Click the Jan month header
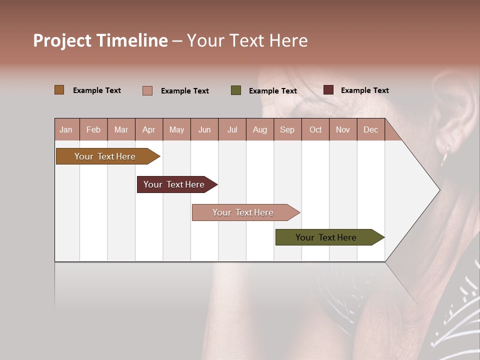pyautogui.click(x=66, y=130)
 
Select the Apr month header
pyautogui.click(x=148, y=130)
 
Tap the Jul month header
pyautogui.click(x=232, y=130)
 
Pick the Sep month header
pyautogui.click(x=287, y=130)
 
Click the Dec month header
pyautogui.click(x=370, y=130)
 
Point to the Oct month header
pyautogui.click(x=315, y=130)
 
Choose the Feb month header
pyautogui.click(x=93, y=130)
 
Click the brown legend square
pyautogui.click(x=59, y=90)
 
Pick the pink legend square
pyautogui.click(x=147, y=90)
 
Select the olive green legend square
pyautogui.click(x=235, y=90)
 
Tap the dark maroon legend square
pyautogui.click(x=328, y=90)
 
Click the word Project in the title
pyautogui.click(x=62, y=41)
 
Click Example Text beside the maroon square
pyautogui.click(x=364, y=90)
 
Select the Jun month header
pyautogui.click(x=204, y=130)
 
